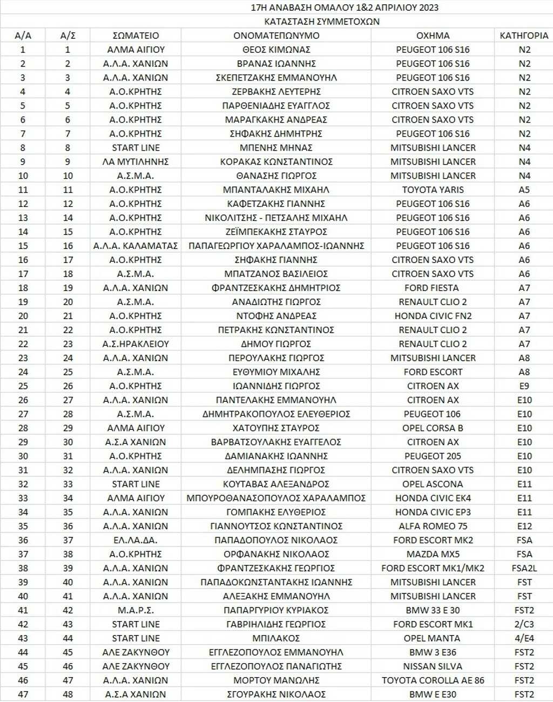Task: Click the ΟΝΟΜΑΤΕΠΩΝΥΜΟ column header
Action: pos(276,36)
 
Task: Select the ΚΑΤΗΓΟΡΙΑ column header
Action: pos(524,36)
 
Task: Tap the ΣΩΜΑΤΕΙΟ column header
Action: pos(136,36)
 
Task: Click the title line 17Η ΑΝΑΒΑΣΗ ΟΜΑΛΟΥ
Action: pos(345,8)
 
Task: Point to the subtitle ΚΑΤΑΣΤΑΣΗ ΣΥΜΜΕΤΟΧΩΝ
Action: pos(322,22)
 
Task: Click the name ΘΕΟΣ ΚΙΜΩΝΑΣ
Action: pos(276,50)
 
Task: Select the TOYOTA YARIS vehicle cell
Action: pos(433,190)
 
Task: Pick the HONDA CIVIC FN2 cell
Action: pos(433,316)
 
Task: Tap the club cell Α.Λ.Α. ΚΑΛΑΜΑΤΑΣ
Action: pos(136,246)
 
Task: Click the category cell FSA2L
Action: pos(524,568)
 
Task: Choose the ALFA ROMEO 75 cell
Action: pos(433,526)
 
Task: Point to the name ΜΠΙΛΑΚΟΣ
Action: pos(276,638)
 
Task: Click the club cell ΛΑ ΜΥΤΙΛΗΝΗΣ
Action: pos(136,161)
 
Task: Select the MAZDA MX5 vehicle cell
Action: pos(433,554)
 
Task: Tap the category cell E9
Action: pos(524,386)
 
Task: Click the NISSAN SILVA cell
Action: pos(433,666)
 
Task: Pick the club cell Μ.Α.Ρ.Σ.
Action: pos(136,610)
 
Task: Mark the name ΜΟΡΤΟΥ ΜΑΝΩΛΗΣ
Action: pos(276,680)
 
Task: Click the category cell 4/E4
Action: pos(524,638)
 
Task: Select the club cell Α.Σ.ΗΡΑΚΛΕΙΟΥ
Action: pos(136,344)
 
